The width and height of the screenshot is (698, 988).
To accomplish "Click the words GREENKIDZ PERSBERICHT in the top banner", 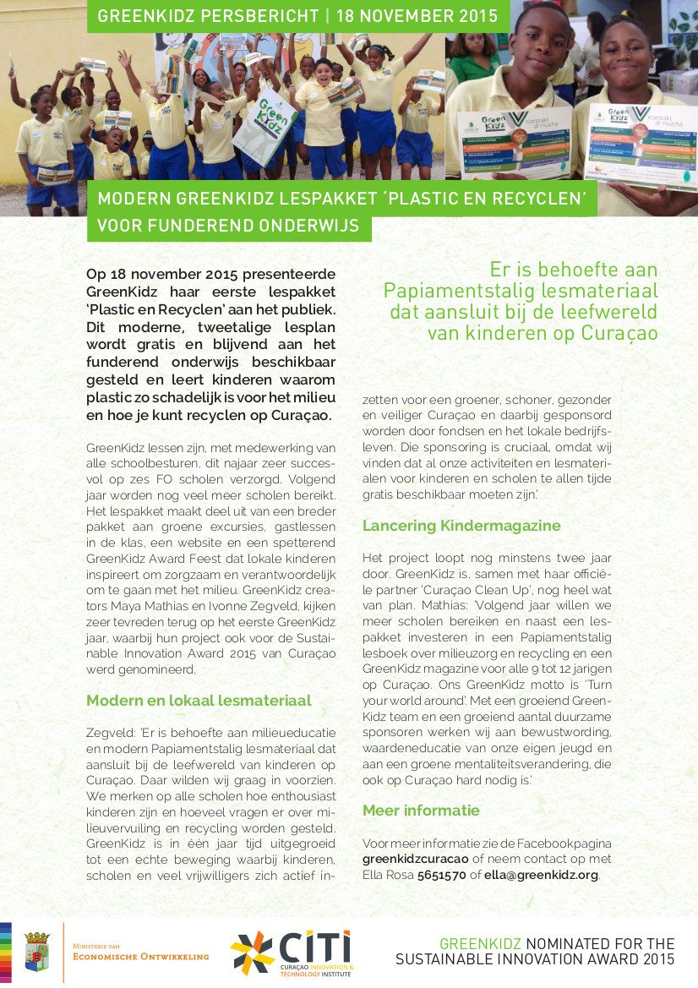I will click(210, 15).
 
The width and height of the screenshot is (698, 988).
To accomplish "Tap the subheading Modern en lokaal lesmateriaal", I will click(199, 701).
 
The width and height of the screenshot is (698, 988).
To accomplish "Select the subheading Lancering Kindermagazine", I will click(461, 526).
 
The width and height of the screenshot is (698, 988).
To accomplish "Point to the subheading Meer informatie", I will click(421, 811).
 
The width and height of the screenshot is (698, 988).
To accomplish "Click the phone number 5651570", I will click(442, 875).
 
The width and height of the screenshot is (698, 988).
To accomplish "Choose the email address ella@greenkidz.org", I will click(541, 875).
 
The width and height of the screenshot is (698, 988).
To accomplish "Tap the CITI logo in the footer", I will click(292, 953).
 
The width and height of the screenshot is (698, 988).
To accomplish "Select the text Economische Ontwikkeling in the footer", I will click(141, 956).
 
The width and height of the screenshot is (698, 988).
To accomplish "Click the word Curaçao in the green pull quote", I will click(624, 332).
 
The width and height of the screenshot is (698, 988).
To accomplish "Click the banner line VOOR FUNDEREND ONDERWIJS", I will click(228, 226).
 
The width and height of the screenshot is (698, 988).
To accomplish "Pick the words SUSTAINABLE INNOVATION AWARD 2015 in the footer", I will click(535, 959).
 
